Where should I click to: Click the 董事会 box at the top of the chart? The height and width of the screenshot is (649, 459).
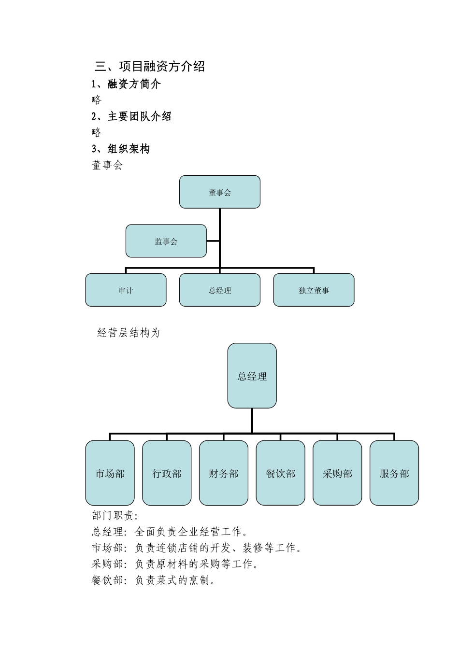tap(220, 192)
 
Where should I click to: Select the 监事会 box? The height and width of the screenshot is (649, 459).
tap(166, 241)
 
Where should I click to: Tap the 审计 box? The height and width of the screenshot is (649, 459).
tap(126, 290)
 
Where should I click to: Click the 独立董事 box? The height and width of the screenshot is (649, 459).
tap(314, 290)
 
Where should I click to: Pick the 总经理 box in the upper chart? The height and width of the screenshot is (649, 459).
tap(220, 290)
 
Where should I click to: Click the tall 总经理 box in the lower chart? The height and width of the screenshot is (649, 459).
tap(252, 376)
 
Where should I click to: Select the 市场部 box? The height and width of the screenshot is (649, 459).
tap(110, 473)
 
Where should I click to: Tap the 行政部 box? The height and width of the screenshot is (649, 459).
tap(167, 473)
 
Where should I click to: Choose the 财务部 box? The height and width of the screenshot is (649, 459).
tap(224, 473)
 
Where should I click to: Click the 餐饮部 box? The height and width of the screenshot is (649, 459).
tap(280, 473)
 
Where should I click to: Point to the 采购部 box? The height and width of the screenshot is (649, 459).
tap(337, 473)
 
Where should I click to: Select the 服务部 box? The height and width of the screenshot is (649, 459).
tap(394, 473)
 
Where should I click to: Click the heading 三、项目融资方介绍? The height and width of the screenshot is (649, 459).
tap(150, 67)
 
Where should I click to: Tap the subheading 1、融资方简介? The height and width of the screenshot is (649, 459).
tap(126, 84)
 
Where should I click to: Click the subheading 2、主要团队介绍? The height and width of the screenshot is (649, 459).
tap(131, 116)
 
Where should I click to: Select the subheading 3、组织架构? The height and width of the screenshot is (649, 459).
tap(121, 149)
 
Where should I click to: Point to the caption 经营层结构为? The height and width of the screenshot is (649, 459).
tap(129, 333)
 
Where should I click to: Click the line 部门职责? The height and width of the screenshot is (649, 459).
tap(115, 516)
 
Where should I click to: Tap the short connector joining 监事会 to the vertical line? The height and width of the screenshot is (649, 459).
tap(213, 241)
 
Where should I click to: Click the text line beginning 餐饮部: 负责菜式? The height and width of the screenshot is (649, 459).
tap(154, 580)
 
